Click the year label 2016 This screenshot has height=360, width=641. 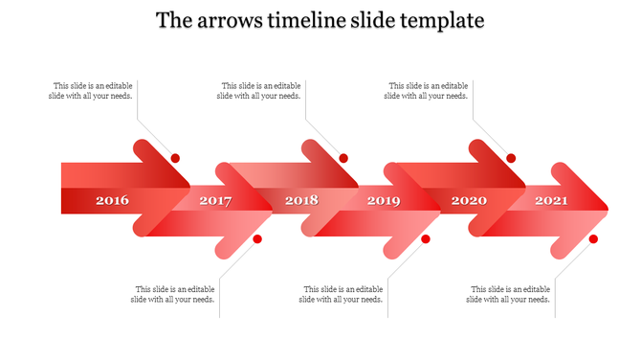(x=113, y=200)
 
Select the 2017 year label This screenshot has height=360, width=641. (x=216, y=200)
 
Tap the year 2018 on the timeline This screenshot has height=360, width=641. (x=301, y=200)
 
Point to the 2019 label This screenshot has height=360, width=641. (x=384, y=200)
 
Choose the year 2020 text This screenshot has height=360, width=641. (x=469, y=200)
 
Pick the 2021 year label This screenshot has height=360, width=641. (x=551, y=200)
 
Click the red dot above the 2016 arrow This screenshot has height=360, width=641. (x=175, y=158)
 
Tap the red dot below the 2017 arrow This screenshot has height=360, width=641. (x=257, y=238)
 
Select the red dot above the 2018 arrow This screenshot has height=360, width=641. (x=343, y=158)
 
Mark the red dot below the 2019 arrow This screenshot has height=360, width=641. (x=426, y=238)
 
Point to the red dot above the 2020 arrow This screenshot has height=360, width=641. (x=511, y=158)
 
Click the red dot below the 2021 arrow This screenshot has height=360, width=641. (x=593, y=238)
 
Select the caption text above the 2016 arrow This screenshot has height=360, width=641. (x=91, y=90)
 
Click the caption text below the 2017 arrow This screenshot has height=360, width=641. (x=173, y=294)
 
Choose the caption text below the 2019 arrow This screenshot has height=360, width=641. (x=342, y=294)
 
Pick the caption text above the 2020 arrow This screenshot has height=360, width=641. (x=427, y=90)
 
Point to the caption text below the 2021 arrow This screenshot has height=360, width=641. (x=509, y=294)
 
